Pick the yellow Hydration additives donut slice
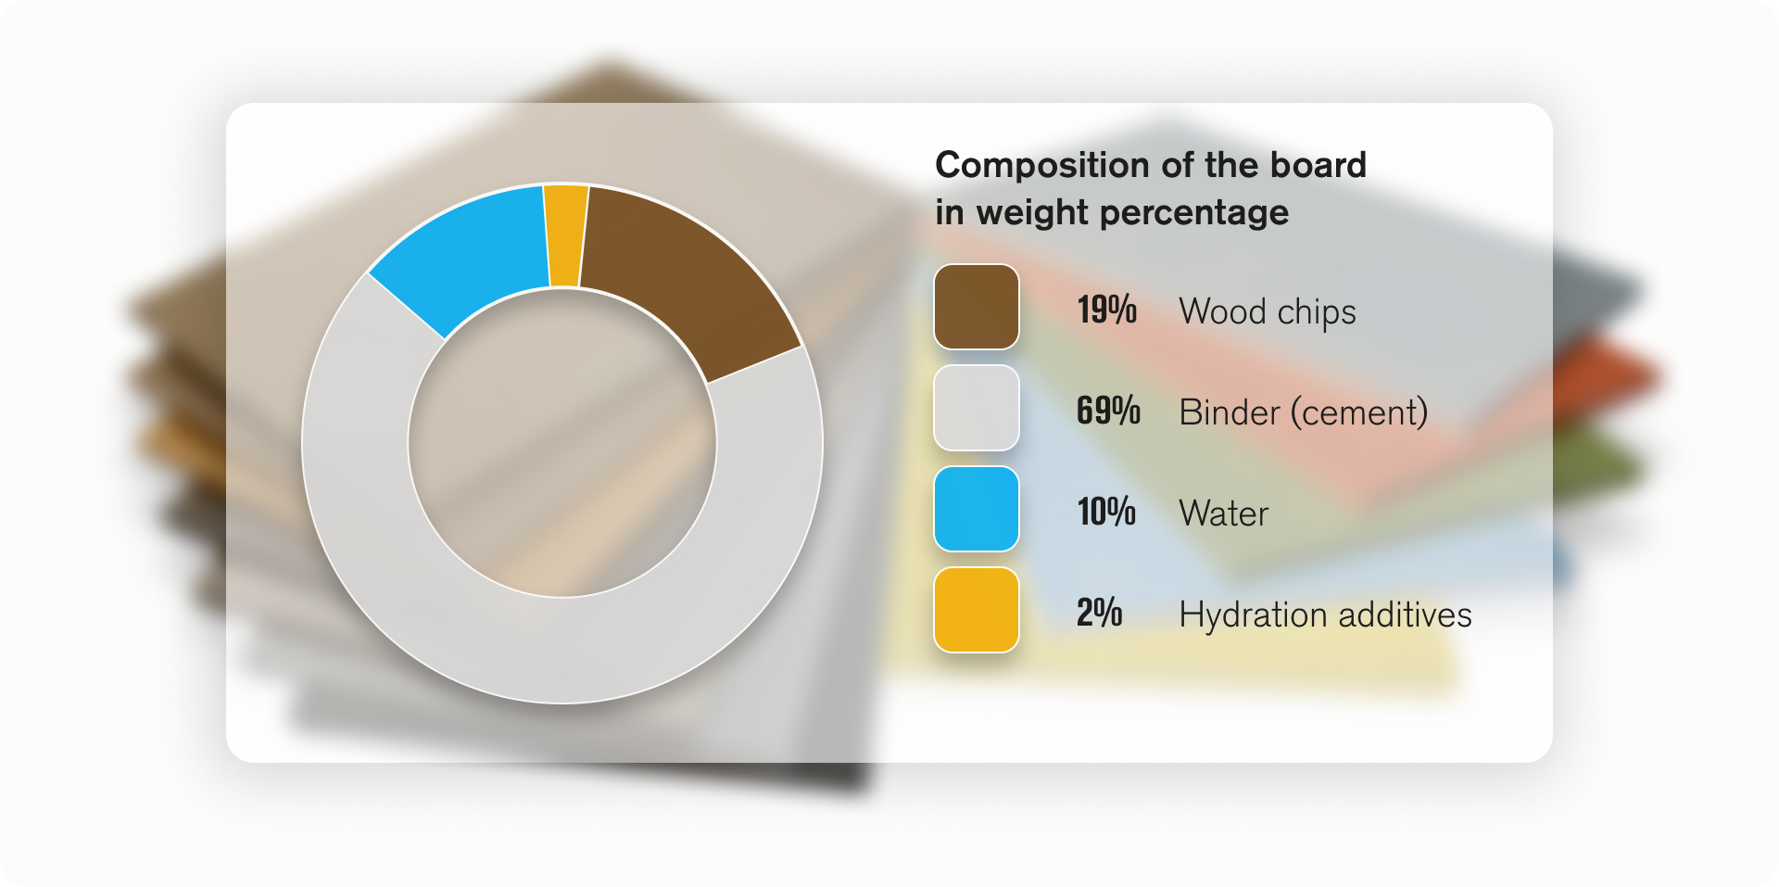coord(566,235)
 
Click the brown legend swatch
coord(977,307)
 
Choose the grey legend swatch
coord(977,408)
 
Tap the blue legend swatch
coord(977,509)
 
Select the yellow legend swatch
coord(977,610)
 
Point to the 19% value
coord(1107,310)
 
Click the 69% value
coord(1108,411)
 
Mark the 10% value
coord(1106,512)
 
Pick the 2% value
coord(1100,613)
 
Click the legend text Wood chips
coord(1268,312)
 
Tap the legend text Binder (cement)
coord(1304,412)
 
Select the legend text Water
coord(1224,513)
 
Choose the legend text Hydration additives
coord(1326,615)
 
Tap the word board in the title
coord(1318,164)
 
